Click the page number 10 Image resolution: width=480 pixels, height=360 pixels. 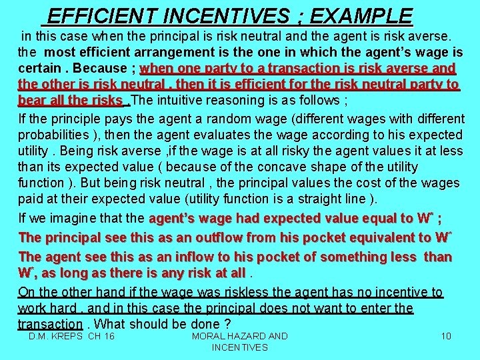tap(446, 336)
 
